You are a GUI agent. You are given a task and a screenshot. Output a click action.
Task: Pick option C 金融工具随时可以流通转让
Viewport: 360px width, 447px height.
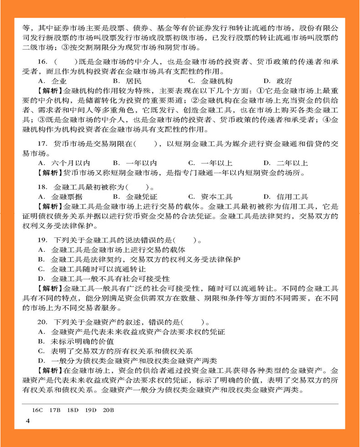88,269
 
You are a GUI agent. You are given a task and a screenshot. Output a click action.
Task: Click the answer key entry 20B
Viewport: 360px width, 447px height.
108,410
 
